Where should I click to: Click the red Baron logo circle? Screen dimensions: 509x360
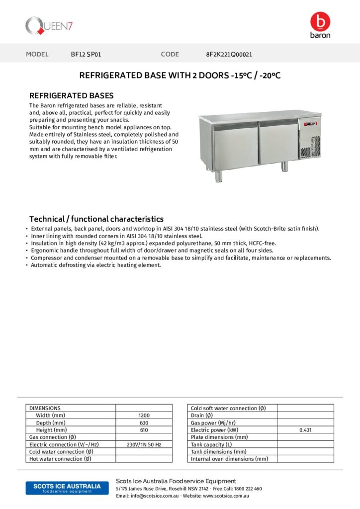click(x=320, y=21)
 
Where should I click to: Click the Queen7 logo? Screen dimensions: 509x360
click(x=49, y=25)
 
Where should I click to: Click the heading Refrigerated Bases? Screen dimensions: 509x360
click(x=72, y=95)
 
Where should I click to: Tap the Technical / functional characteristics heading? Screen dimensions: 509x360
click(x=96, y=219)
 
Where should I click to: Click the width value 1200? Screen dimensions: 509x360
click(x=144, y=415)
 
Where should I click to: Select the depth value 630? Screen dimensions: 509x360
click(x=144, y=423)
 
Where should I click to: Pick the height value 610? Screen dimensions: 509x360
click(x=144, y=430)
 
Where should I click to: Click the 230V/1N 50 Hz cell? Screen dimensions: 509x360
click(x=144, y=444)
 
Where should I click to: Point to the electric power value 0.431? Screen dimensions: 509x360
click(x=305, y=430)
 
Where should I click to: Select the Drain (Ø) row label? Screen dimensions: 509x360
click(x=202, y=415)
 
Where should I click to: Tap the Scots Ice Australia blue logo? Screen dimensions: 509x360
click(x=67, y=488)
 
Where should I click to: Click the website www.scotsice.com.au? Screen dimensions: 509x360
click(x=226, y=496)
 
